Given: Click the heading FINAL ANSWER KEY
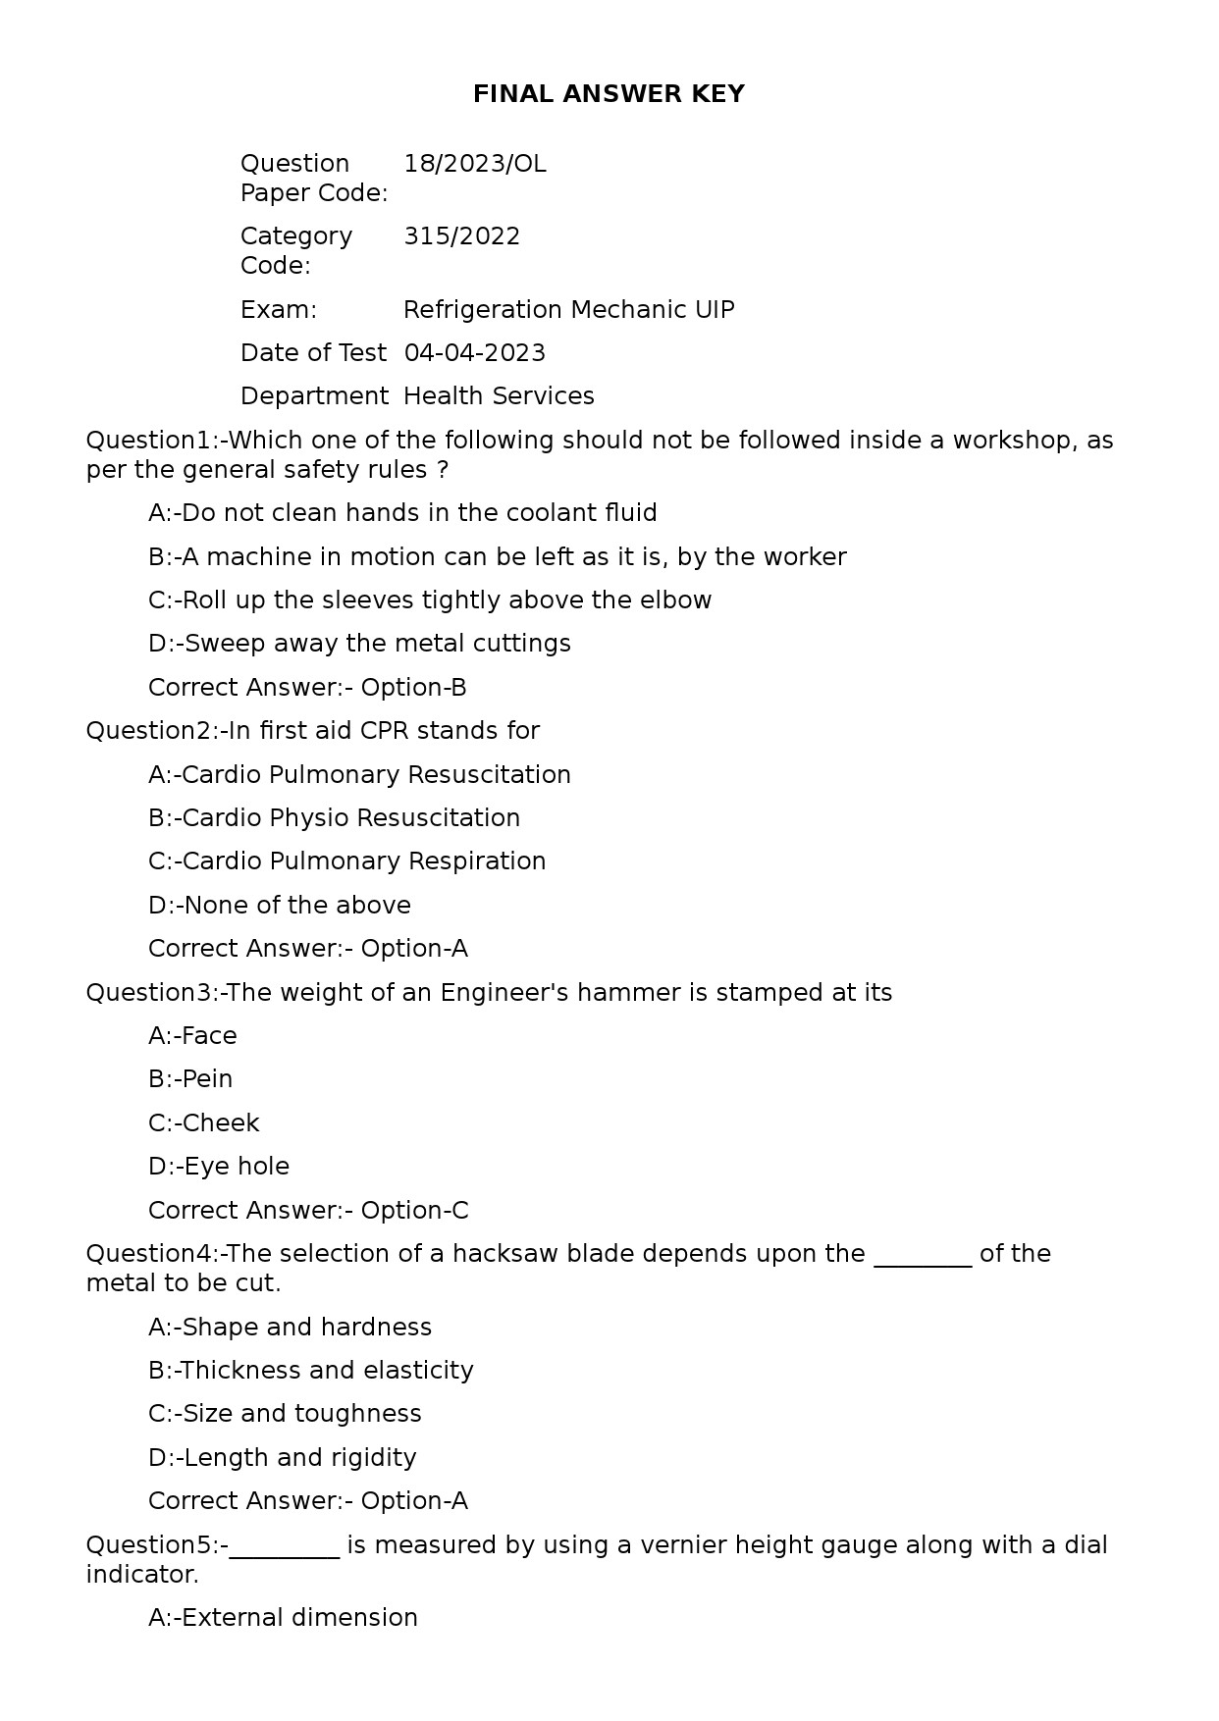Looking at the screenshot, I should tap(609, 94).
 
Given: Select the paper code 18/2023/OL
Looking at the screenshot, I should tap(474, 164).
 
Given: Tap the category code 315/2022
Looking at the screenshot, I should tap(461, 236).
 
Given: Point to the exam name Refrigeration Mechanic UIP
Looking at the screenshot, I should tap(568, 310).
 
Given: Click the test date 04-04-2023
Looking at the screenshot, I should tap(474, 353).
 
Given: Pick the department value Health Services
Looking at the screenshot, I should tap(499, 396).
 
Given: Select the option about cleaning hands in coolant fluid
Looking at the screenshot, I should tap(402, 513).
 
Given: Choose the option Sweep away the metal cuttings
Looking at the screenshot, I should tap(359, 644).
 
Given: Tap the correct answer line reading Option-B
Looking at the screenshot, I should tap(307, 688).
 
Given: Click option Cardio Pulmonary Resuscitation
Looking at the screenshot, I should tap(359, 775).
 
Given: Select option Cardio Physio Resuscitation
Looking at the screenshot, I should tap(334, 818).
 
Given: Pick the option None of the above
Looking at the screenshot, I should tap(280, 906).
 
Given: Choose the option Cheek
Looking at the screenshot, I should tap(203, 1123).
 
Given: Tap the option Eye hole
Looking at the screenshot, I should tap(219, 1167).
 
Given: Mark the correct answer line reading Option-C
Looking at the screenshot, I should tap(308, 1211).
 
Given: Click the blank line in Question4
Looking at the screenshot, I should tap(922, 1258).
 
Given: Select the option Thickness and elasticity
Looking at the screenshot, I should tap(310, 1371).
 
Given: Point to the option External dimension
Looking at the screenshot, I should tap(283, 1618).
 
